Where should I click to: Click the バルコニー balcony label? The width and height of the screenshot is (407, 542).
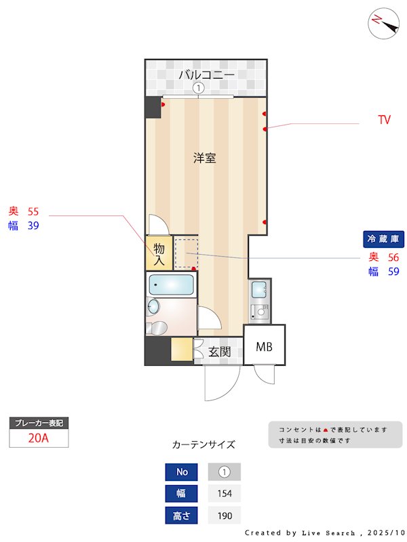click(206, 75)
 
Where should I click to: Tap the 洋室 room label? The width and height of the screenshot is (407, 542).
click(204, 159)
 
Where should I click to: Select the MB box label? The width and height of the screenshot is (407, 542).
click(264, 347)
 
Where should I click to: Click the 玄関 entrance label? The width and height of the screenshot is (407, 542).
click(219, 352)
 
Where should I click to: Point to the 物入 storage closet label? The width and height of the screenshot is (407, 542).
click(159, 253)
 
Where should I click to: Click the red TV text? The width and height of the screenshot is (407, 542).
click(384, 121)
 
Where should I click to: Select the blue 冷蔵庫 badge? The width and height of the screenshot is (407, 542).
click(384, 238)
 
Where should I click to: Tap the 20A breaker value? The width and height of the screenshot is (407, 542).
click(39, 438)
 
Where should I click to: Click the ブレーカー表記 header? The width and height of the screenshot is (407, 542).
click(39, 423)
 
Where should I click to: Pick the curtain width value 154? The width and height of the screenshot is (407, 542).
click(225, 493)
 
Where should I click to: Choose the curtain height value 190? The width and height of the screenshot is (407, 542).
click(225, 516)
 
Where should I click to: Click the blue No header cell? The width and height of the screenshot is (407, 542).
click(181, 472)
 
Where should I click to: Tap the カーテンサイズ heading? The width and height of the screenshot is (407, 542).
click(203, 444)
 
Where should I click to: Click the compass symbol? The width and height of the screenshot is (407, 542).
click(383, 23)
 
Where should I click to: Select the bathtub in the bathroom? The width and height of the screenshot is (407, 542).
click(171, 284)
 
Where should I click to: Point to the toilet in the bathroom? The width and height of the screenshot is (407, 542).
click(157, 329)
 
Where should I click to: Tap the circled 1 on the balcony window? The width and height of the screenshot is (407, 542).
click(198, 87)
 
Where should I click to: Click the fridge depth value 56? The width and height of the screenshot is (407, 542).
click(393, 257)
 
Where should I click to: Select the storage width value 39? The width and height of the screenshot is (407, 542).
click(33, 226)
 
